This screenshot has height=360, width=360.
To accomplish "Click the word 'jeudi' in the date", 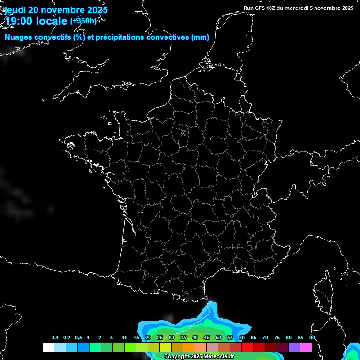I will coord(15,10).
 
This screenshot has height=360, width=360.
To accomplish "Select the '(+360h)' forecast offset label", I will coord(83,21).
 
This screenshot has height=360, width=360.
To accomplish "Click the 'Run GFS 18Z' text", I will coord(261,8).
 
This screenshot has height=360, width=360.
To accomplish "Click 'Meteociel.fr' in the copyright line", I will coord(222,357).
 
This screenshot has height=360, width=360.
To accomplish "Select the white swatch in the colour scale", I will coord(48,347).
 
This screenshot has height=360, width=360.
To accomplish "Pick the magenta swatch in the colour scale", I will coord(306,347).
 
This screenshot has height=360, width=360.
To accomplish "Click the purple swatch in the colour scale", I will coord(294,347).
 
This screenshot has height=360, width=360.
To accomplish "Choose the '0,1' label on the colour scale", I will coord(55,338).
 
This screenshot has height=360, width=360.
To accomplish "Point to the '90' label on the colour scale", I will coord(312,338).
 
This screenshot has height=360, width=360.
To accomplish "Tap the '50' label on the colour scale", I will coord(218,338).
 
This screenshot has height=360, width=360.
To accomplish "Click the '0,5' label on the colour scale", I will coord(78,338).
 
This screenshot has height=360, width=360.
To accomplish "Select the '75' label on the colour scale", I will coord(277,338).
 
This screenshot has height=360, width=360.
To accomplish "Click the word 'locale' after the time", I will coord(50,21).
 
